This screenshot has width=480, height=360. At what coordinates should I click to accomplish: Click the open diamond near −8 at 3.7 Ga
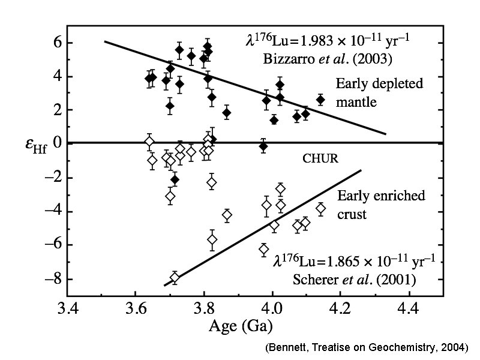click(x=175, y=278)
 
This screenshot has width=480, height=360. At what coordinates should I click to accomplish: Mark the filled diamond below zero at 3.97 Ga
click(x=263, y=146)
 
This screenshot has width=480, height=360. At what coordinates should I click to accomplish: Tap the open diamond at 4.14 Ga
click(x=321, y=209)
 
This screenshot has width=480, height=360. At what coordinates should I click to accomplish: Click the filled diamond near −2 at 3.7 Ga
click(x=175, y=179)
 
